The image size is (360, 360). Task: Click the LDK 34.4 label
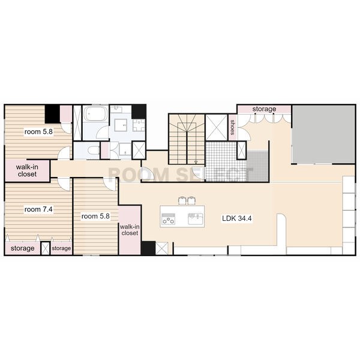coord(237,218)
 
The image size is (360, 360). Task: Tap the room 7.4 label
coord(38,209)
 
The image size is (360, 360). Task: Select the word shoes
coord(233,127)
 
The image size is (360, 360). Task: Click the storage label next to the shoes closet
coord(264,109)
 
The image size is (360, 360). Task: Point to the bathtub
coord(95,113)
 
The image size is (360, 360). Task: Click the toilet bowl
coord(94,151)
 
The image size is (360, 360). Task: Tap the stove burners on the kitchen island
coord(169,218)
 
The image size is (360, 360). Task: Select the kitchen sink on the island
coord(196,218)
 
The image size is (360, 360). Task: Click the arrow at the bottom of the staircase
coord(196,162)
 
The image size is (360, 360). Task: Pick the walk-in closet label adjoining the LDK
coord(130,230)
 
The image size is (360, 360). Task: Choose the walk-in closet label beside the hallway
coord(27,170)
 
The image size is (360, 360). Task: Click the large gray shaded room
coord(323,134)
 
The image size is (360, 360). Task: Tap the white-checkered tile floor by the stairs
coord(226,161)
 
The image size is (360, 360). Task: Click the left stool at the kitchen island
coord(182,200)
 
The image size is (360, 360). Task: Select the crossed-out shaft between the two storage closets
coord(46,248)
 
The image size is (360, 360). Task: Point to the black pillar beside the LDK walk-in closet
coord(148,248)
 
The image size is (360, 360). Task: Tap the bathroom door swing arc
coord(102,133)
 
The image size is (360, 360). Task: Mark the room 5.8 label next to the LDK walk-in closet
coord(95,216)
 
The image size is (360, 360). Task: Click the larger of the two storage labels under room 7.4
coord(23,248)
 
